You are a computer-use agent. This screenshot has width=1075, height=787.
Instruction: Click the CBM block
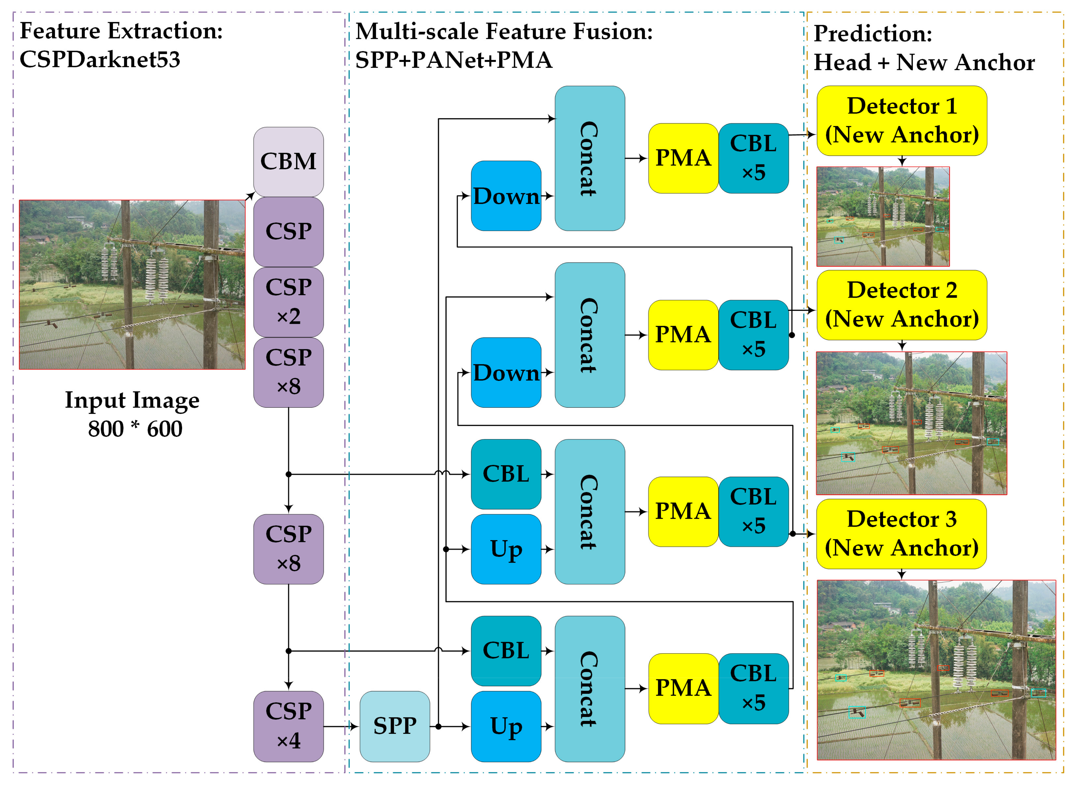pyautogui.click(x=288, y=162)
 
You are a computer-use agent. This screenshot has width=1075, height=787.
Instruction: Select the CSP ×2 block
pyautogui.click(x=288, y=301)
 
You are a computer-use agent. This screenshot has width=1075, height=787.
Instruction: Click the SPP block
pyautogui.click(x=394, y=726)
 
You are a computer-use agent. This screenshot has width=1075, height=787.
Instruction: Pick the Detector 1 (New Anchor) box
pyautogui.click(x=901, y=121)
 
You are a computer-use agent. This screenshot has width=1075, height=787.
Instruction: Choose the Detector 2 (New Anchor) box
pyautogui.click(x=901, y=305)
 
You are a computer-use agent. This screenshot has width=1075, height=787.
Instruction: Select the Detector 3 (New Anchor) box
pyautogui.click(x=901, y=534)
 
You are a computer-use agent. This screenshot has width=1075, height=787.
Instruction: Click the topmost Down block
pyautogui.click(x=506, y=196)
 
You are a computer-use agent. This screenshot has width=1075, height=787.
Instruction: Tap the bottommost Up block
pyautogui.click(x=506, y=726)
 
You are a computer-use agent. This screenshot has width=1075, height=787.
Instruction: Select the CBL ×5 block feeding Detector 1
pyautogui.click(x=753, y=158)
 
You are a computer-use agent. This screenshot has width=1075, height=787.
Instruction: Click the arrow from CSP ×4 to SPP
pyautogui.click(x=341, y=726)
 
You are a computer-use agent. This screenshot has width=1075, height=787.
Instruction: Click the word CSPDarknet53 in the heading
pyautogui.click(x=100, y=59)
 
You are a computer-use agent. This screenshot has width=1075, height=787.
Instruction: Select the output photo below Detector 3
pyautogui.click(x=936, y=669)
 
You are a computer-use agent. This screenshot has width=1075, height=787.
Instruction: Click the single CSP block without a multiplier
pyautogui.click(x=288, y=232)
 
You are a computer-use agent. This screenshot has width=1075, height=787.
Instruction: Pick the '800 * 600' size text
pyautogui.click(x=135, y=429)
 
